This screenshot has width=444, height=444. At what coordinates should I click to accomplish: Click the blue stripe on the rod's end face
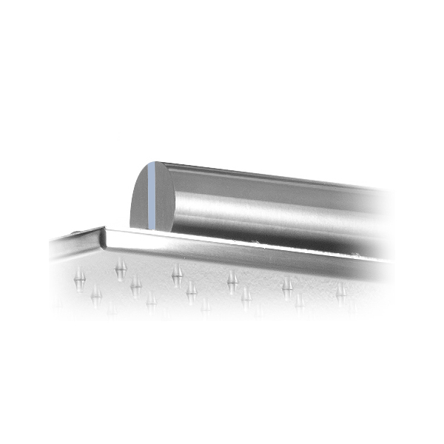pos(152,195)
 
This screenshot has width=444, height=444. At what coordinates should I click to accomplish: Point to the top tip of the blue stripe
pos(152,163)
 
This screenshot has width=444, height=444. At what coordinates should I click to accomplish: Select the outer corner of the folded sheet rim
pos(103,229)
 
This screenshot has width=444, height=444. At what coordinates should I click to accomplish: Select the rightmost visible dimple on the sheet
pos(340,289)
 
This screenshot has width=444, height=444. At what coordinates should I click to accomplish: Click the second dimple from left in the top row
pos(177,276)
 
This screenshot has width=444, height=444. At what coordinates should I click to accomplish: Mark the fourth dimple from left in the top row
pos(287,286)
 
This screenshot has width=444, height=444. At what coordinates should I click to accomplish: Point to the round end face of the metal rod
pos(148,196)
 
